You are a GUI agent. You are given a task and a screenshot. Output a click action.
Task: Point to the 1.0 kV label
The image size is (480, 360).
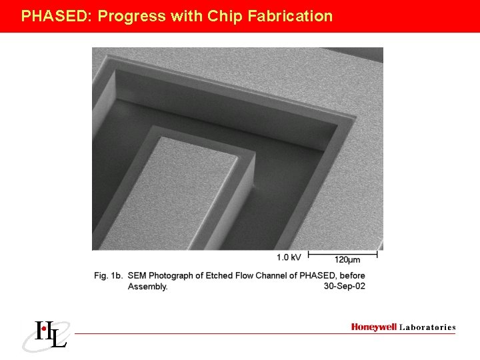tap(289, 257)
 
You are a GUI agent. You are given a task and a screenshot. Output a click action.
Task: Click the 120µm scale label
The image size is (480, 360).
tap(347, 259)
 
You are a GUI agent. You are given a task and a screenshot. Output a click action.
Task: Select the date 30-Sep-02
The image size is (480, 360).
tap(344, 286)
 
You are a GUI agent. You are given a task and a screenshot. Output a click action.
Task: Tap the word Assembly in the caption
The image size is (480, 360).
tap(147, 287)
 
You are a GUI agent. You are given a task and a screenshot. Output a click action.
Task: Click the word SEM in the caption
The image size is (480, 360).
tap(137, 275)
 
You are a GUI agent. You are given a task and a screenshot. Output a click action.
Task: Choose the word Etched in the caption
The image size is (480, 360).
tap(213, 275)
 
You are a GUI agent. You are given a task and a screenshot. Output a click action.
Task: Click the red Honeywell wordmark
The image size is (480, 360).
tap(373, 327)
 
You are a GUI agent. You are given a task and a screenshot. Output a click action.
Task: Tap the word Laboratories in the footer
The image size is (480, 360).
tap(427, 327)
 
